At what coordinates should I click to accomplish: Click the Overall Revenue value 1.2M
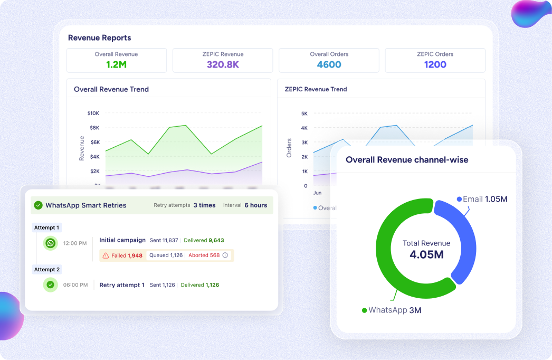pyautogui.click(x=116, y=65)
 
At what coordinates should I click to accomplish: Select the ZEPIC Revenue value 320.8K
pyautogui.click(x=223, y=65)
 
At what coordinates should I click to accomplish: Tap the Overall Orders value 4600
pyautogui.click(x=329, y=65)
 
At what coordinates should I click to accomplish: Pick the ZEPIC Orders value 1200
pyautogui.click(x=435, y=65)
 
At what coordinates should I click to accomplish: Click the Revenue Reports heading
pyautogui.click(x=99, y=38)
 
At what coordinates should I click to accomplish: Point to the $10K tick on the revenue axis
pyautogui.click(x=93, y=113)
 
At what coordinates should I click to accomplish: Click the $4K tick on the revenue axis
pyautogui.click(x=94, y=157)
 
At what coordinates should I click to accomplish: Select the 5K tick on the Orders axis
pyautogui.click(x=304, y=113)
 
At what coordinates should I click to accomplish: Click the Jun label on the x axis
pyautogui.click(x=317, y=193)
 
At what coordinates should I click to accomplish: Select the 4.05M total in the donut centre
pyautogui.click(x=426, y=254)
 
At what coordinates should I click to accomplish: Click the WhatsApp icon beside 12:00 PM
pyautogui.click(x=51, y=243)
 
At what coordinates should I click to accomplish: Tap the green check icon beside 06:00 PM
pyautogui.click(x=51, y=285)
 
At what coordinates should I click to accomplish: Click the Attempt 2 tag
pyautogui.click(x=47, y=270)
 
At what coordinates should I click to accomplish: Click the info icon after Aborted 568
pyautogui.click(x=225, y=255)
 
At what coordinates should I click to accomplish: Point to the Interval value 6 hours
pyautogui.click(x=255, y=205)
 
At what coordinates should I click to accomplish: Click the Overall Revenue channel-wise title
pyautogui.click(x=407, y=160)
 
